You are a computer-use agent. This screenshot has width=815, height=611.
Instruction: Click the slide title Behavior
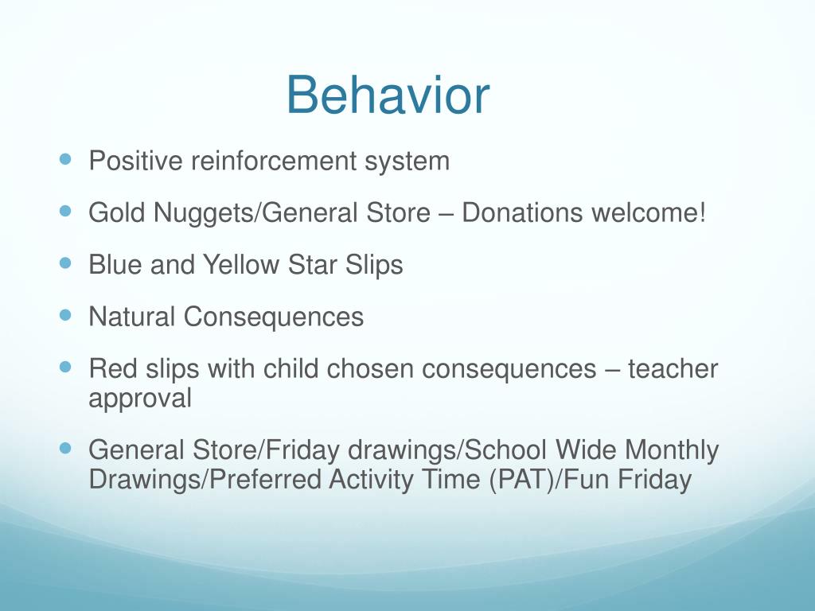[x=388, y=95]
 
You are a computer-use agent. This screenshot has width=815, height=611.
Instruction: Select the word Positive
[x=135, y=161]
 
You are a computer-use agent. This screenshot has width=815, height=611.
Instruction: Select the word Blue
[x=115, y=264]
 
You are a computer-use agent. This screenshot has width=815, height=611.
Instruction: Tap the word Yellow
[x=240, y=264]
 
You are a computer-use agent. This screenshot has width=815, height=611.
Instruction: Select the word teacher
[x=673, y=369]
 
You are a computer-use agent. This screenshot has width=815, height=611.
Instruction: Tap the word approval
[x=140, y=399]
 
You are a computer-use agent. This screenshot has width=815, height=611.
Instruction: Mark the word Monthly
[x=672, y=450]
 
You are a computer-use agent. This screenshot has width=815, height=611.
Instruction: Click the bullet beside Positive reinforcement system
[x=65, y=159]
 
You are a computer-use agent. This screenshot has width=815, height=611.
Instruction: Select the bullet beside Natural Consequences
[x=65, y=315]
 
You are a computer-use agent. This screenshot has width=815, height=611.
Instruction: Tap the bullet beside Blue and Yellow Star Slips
[x=65, y=263]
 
